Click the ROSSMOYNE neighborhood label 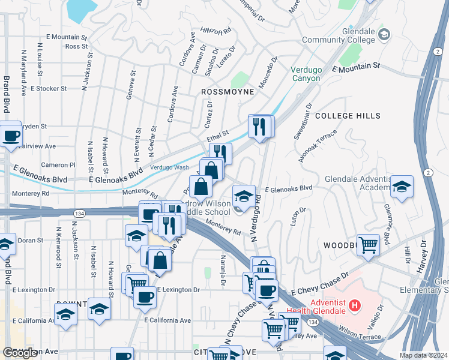coord(228,92)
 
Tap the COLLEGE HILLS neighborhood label coord(348,115)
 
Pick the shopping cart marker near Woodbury coord(368,244)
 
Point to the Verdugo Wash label coord(169,167)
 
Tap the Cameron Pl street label coord(58,164)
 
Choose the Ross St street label coord(76,46)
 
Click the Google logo coord(20,353)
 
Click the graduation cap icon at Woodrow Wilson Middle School coord(243,196)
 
